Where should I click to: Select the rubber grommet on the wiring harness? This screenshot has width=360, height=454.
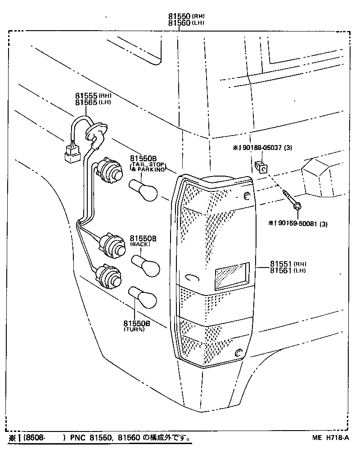click(x=96, y=135)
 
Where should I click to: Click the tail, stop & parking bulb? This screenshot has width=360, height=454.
click(x=144, y=190)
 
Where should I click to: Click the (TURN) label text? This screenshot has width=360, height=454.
click(x=135, y=330)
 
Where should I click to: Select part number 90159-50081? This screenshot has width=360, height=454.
click(x=298, y=224)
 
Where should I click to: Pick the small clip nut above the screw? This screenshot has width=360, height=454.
click(x=261, y=167)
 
